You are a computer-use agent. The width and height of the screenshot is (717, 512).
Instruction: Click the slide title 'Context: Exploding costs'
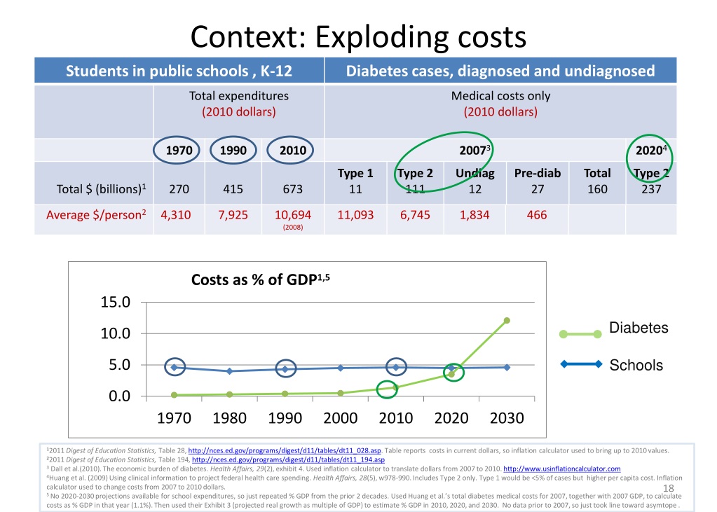[x=358, y=36]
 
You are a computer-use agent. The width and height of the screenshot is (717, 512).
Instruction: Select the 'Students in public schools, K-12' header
[x=179, y=71]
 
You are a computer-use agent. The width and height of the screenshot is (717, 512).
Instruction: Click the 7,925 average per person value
[x=233, y=215]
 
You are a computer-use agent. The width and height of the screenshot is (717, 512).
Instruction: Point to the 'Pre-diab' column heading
[x=537, y=173]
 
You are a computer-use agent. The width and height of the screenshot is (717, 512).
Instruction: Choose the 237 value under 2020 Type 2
[x=651, y=188]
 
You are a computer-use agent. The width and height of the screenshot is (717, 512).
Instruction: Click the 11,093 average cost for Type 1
[x=355, y=215]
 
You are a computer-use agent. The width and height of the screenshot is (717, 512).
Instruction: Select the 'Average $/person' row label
[x=95, y=215]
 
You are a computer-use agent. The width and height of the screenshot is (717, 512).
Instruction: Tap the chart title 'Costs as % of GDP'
[x=260, y=280]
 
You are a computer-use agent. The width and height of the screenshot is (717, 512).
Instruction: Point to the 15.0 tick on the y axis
[x=115, y=303]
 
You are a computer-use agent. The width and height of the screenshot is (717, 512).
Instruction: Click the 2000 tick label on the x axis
[x=341, y=418]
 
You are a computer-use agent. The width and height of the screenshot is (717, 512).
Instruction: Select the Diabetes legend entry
[x=637, y=328]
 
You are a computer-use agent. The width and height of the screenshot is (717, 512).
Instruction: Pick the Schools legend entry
[x=636, y=365]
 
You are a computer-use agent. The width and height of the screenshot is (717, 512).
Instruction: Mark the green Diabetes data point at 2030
[x=507, y=321]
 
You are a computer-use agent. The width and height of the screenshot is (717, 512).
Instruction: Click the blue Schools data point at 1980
[x=229, y=371]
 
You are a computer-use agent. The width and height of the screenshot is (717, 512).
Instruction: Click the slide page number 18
[x=668, y=488]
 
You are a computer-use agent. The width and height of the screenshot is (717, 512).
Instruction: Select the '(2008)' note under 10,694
[x=292, y=227]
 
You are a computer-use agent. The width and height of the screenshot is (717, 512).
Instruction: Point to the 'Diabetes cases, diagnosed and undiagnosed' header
[x=500, y=71]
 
